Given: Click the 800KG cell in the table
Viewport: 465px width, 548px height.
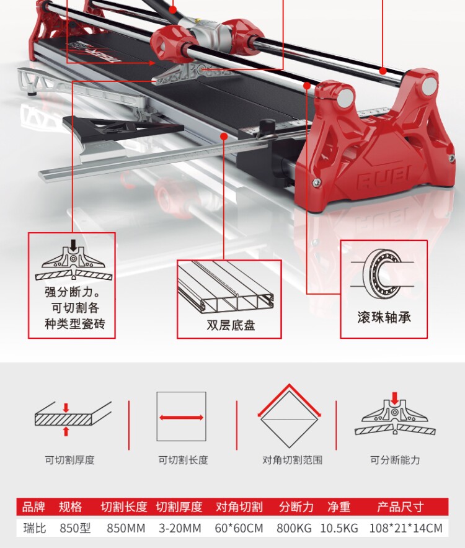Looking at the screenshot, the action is [x=294, y=528].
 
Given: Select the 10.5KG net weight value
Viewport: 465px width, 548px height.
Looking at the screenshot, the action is [x=339, y=528].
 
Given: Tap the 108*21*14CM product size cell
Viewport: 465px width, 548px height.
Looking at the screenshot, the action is [x=405, y=528].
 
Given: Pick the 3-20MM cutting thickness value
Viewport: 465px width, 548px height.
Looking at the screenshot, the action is [x=180, y=528].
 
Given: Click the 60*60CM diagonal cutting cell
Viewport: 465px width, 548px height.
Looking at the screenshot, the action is [x=239, y=528].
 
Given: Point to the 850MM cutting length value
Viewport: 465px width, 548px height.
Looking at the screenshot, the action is [x=126, y=528].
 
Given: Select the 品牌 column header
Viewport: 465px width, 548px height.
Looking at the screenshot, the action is [x=33, y=507].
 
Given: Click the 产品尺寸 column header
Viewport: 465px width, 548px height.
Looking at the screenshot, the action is [x=400, y=507].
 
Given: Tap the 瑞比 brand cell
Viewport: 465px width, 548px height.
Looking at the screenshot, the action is [x=33, y=528].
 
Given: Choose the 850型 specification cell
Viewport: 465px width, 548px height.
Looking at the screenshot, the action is [x=75, y=528].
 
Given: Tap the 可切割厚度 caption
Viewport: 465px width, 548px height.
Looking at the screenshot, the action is [x=69, y=460].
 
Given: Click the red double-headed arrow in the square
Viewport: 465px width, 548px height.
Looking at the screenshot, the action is [x=181, y=418].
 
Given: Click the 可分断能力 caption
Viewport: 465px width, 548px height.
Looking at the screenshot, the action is [x=395, y=460].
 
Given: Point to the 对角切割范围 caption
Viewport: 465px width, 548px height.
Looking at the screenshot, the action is [x=292, y=460].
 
